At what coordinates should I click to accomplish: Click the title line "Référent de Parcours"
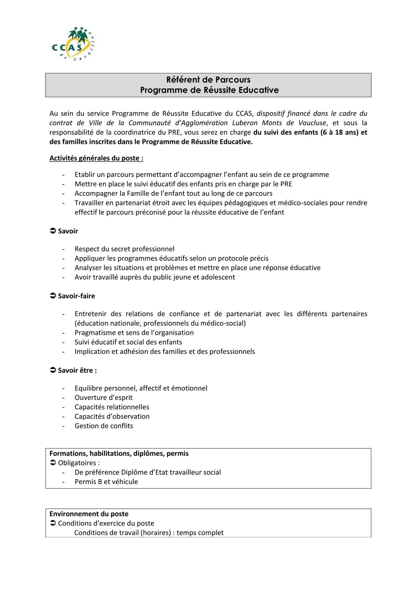pos(208,80)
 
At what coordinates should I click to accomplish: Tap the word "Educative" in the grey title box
pos(258,90)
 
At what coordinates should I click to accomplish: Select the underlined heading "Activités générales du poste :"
pos(96,158)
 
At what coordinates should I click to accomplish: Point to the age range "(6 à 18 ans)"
pos(339,132)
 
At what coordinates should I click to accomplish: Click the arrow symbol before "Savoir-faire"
pos(53,296)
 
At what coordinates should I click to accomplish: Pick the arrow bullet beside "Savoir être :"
pos(53,370)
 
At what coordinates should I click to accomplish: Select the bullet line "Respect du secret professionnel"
pos(124,249)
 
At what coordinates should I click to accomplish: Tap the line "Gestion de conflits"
pos(104,426)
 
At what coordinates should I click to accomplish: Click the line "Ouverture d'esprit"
pos(103,397)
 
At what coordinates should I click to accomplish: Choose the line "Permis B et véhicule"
pos(106,482)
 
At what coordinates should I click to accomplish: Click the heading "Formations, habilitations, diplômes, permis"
pos(119,453)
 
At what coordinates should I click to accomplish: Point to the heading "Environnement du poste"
pos(89,514)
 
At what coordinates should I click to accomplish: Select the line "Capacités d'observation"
pos(112,416)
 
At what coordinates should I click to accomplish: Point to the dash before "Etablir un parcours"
pos(63,175)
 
